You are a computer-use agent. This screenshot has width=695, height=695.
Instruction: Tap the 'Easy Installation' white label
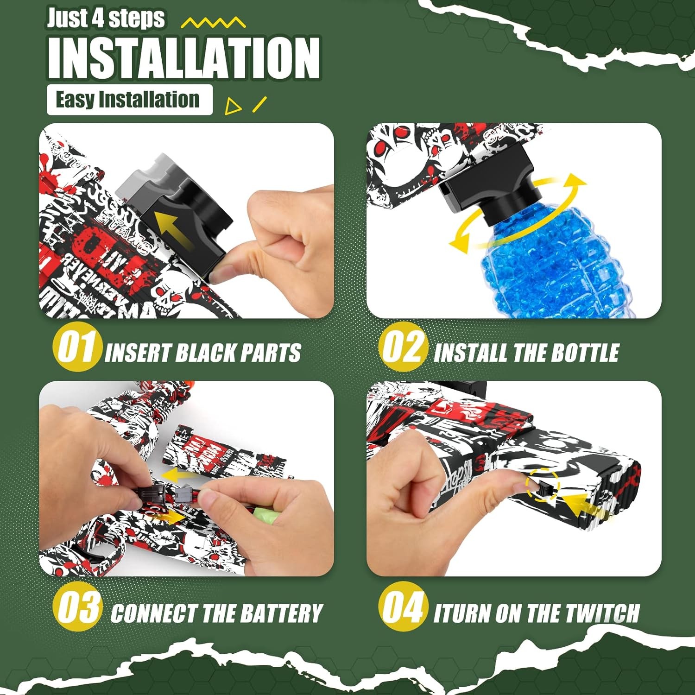[x=129, y=100]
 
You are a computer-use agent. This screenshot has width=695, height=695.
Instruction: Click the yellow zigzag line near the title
[x=213, y=23]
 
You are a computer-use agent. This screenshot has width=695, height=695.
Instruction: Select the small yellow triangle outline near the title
[x=232, y=107]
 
